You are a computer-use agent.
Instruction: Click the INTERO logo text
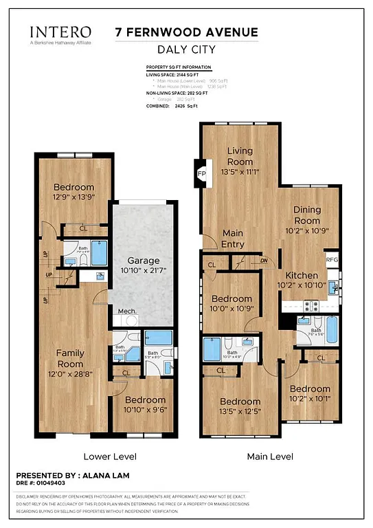coord(60,32)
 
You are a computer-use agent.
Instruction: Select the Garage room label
coord(143,261)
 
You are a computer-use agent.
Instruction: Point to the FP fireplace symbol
coord(202,174)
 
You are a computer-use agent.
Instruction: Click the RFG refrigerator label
coord(332,260)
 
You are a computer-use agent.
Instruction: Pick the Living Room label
coord(240,155)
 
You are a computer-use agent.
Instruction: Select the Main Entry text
coord(233,239)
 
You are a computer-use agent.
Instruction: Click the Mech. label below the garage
coord(127,311)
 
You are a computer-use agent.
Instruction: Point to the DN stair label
coord(262,260)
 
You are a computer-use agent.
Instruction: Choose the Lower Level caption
coord(109,456)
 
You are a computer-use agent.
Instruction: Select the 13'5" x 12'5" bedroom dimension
coord(240,411)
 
